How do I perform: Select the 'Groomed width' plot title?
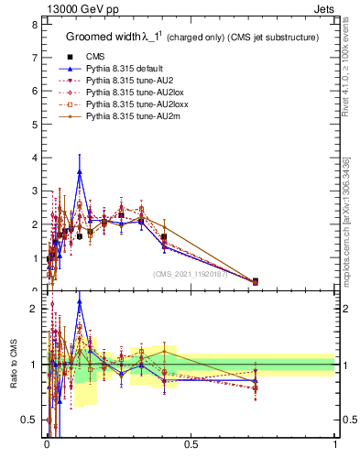click(106, 38)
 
